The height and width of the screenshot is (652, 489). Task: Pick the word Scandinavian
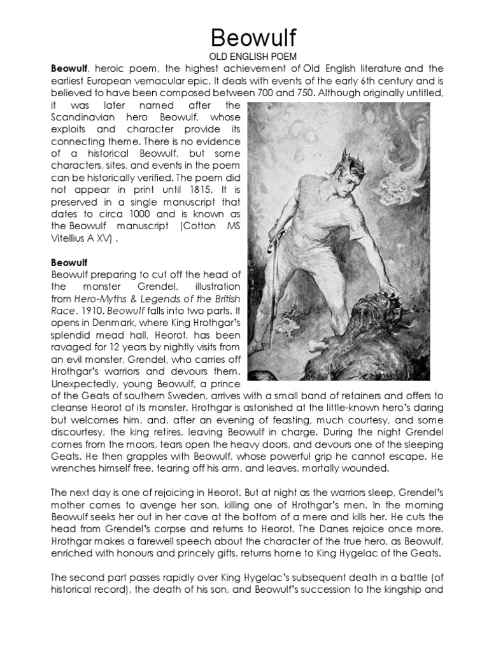point(83,117)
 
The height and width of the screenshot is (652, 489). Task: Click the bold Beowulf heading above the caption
point(69,262)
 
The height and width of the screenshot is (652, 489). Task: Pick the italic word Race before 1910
point(61,312)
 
